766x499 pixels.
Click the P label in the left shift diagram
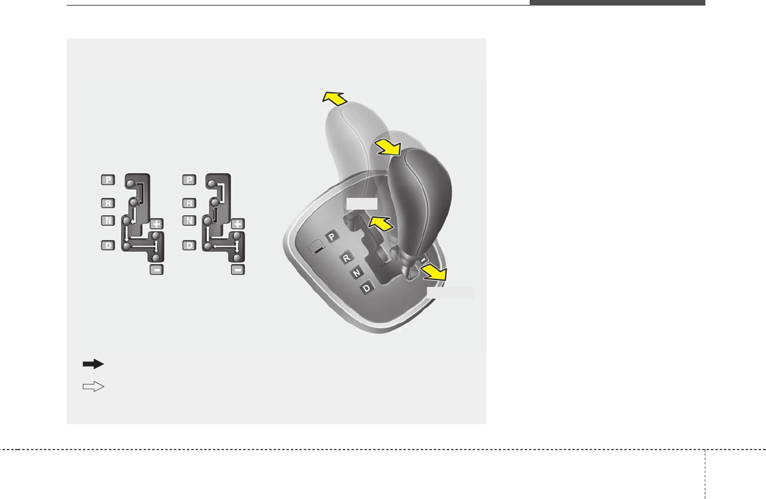coord(108,180)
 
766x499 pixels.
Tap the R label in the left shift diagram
coord(108,203)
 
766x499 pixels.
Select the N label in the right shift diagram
coord(189,220)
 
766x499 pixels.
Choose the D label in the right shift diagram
coord(189,246)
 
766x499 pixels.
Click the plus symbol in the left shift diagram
coord(156,224)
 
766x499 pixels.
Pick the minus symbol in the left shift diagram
coord(157,269)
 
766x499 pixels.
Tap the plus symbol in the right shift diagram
coord(238,224)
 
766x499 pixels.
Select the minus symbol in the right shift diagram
coord(238,269)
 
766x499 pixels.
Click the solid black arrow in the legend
coord(93,364)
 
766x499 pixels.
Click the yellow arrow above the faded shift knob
coord(334,97)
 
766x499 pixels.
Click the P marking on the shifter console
coord(332,236)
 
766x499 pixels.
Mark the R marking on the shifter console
coord(346,256)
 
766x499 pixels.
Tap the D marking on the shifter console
coord(368,288)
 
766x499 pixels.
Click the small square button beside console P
coord(316,246)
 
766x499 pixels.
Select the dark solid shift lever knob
coord(418,198)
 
